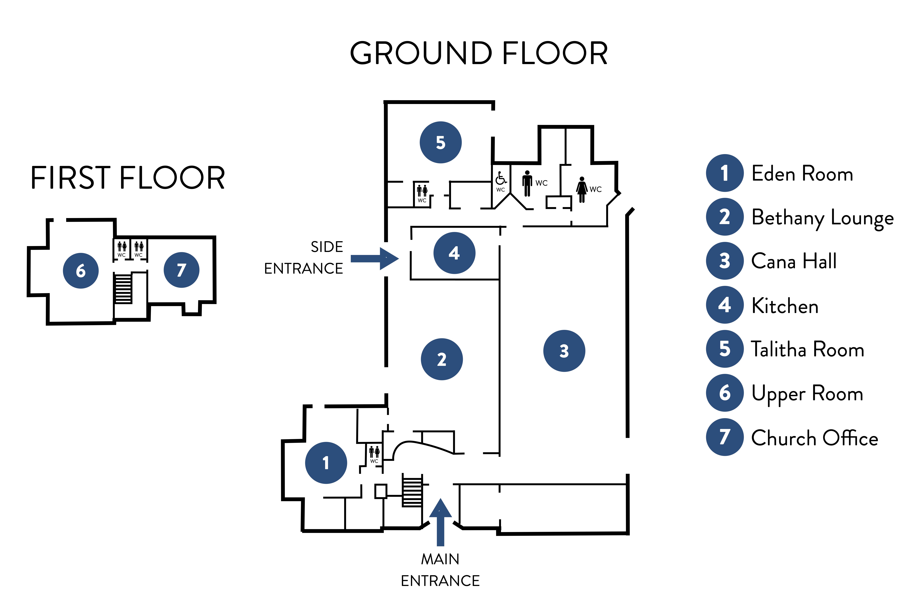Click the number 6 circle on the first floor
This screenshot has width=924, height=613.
coord(81,270)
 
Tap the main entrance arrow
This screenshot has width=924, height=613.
coord(440,522)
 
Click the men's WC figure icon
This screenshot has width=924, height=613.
coord(527,183)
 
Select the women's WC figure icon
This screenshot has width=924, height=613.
coord(582,189)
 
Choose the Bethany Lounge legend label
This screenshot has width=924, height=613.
coord(822,218)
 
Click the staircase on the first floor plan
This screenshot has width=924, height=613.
coord(123,288)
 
